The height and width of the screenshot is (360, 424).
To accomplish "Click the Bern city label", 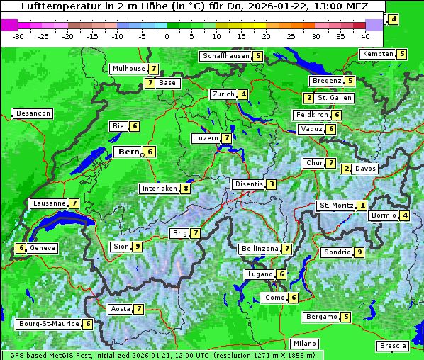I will [x=128, y=152].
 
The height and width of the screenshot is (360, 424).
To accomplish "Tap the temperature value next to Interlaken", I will [x=185, y=189].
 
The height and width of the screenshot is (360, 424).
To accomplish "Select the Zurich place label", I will [x=223, y=94].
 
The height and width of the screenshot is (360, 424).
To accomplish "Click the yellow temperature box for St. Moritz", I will [x=362, y=206].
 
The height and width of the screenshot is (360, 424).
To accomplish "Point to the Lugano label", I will [x=260, y=274].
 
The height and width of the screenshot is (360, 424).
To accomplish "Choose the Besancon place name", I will [x=33, y=113].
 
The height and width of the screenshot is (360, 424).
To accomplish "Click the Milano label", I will [x=306, y=343].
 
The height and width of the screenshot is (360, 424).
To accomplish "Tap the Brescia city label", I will [x=393, y=346].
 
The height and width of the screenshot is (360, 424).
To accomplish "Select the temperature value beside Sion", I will [x=138, y=247].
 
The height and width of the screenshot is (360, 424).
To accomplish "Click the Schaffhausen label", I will [x=226, y=56].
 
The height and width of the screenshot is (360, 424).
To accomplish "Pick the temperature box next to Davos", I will [x=347, y=169].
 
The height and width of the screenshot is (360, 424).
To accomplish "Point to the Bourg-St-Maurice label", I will [x=48, y=324].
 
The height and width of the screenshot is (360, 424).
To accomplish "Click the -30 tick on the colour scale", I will [x=18, y=35].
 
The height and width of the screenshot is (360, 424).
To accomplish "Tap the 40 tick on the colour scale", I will [x=364, y=35].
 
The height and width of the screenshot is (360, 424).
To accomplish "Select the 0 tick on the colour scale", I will [x=167, y=35].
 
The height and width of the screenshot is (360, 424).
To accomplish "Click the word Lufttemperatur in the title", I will [x=60, y=6].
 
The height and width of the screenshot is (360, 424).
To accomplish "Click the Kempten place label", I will [x=377, y=54].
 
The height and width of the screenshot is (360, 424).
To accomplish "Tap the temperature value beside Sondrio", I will [x=359, y=252].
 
